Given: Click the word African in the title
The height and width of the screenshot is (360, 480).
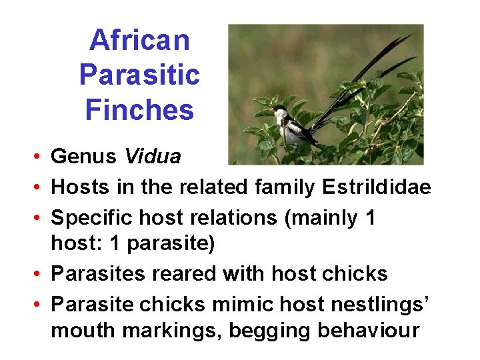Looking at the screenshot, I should coord(139,40).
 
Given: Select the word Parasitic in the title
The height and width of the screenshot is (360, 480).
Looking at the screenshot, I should coord(139,75).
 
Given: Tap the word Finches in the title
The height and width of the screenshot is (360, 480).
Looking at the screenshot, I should coord(139,109).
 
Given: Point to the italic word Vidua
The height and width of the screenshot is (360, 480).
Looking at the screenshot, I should coord(153,157).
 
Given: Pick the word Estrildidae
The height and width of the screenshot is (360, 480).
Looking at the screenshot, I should coord(377,187).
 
